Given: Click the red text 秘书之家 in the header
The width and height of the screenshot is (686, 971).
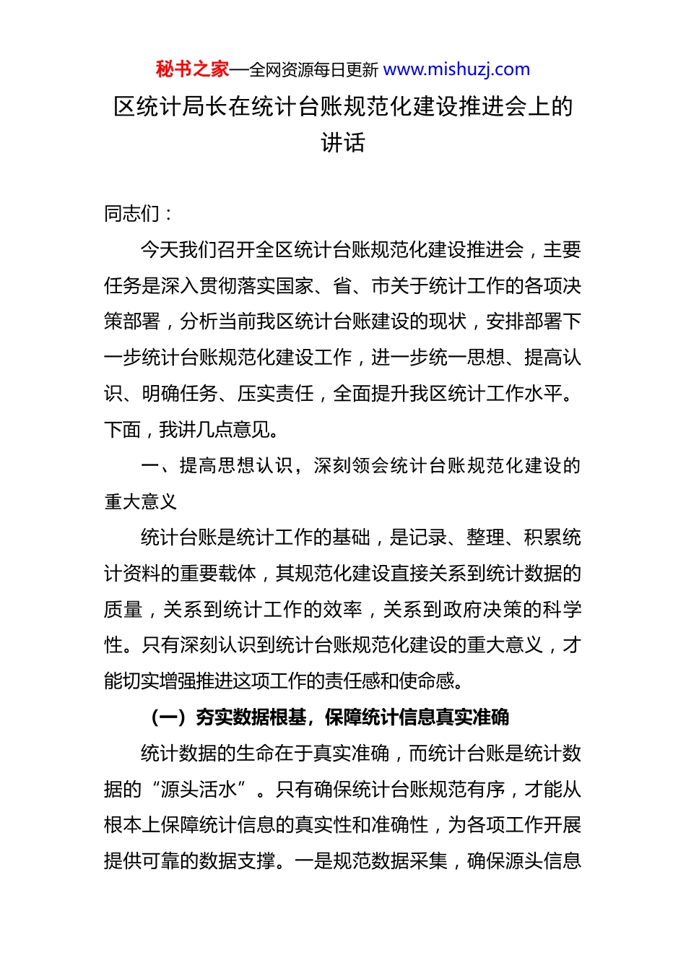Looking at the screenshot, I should [x=192, y=69].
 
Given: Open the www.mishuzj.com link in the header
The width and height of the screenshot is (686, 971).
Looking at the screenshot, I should [x=456, y=69].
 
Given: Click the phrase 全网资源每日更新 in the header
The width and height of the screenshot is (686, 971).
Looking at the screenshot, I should [x=313, y=70].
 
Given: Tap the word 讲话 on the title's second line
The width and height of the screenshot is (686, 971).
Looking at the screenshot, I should [x=343, y=142].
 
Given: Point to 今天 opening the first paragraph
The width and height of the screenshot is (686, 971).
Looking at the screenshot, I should [x=159, y=250].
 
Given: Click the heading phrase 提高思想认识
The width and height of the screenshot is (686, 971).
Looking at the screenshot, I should [x=236, y=466].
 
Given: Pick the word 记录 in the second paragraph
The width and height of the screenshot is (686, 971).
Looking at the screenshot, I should [x=428, y=538].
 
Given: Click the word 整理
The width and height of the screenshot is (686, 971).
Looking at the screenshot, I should [x=485, y=538].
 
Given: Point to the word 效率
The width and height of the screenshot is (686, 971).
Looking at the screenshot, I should [x=343, y=610].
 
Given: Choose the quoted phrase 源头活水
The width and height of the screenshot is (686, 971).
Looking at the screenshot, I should [x=199, y=790].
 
